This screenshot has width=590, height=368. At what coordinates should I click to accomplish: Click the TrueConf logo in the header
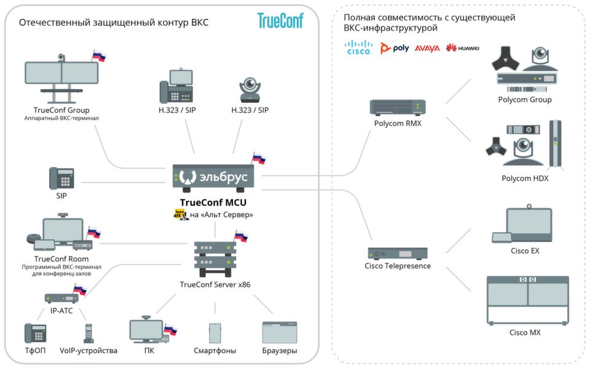point(280,20)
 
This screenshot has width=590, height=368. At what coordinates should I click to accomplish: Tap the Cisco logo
point(358,47)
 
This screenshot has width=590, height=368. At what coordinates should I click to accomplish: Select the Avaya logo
point(427,48)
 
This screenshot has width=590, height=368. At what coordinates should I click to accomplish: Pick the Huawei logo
point(462,48)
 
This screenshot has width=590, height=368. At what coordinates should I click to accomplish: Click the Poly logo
point(395,48)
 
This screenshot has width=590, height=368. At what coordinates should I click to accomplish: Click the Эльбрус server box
point(213,176)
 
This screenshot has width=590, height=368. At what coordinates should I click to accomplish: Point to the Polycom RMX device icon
point(398,107)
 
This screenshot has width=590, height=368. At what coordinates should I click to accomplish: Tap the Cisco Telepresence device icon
point(398,253)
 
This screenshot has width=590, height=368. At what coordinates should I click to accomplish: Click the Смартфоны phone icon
point(215,333)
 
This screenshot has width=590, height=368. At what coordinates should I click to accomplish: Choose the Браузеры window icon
point(280,332)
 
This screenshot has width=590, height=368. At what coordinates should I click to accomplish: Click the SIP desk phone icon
point(61,178)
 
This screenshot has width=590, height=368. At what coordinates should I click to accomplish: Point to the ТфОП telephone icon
point(36,333)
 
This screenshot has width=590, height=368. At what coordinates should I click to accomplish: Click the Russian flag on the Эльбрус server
point(259,158)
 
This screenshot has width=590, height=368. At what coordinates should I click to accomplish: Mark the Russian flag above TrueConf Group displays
point(99,56)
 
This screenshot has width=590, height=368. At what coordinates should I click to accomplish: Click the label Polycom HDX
point(525,178)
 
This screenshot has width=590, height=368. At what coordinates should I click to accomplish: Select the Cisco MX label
point(525,332)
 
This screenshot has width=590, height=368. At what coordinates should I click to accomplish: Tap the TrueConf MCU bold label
point(213,202)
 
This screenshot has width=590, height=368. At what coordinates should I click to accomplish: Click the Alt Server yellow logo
point(181,215)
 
